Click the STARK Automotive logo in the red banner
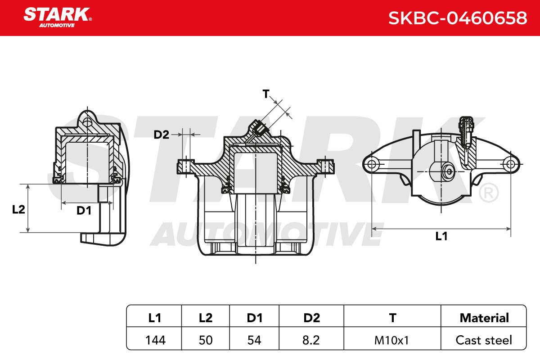pos(58,18)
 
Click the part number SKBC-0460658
pos(458,18)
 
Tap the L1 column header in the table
pos(154,318)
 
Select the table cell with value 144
pos(155,340)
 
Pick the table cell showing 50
pos(206,340)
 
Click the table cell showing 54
pos(254,340)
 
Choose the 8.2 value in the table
pos(311,340)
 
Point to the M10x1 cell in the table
pos(392,340)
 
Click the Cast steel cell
pos(484,340)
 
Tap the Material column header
pos(484,318)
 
